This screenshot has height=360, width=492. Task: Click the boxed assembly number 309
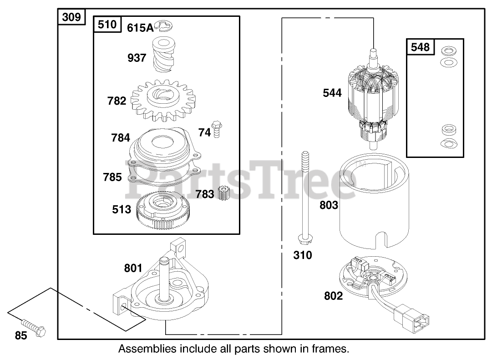[x=71, y=17]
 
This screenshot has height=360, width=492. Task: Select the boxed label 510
[x=107, y=25]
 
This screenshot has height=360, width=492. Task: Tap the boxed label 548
[x=420, y=46]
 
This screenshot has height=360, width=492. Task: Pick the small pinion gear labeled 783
[x=223, y=193]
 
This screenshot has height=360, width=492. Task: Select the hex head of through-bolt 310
[x=302, y=239]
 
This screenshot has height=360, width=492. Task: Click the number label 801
[x=133, y=269]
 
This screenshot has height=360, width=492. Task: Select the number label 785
[x=112, y=177]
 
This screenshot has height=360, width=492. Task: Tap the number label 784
[x=121, y=137]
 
